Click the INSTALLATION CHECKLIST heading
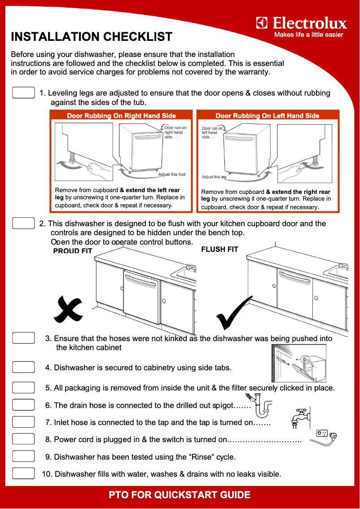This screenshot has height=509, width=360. [x=91, y=37]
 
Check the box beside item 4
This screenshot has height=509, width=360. [x=23, y=367]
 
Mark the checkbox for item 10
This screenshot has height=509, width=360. [x=23, y=474]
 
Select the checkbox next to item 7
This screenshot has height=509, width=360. [x=23, y=422]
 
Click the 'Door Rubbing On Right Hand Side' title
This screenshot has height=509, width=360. [x=121, y=116]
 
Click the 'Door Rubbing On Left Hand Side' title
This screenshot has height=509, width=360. [x=268, y=116]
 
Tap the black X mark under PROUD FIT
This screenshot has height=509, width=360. [x=68, y=310]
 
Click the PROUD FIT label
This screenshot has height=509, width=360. [x=73, y=251]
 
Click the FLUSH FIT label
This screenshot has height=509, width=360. [x=220, y=249]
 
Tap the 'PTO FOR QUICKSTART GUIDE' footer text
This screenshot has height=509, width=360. [x=180, y=495]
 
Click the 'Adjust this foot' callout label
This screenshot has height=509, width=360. [x=171, y=175]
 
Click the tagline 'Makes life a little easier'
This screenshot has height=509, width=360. [x=308, y=35]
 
